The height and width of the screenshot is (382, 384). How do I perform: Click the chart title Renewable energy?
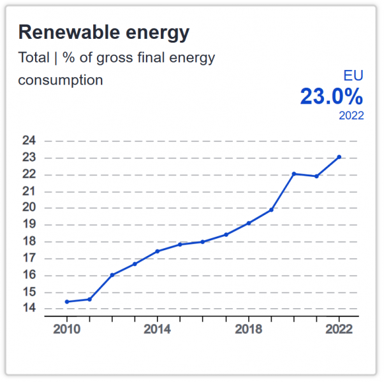(x=104, y=32)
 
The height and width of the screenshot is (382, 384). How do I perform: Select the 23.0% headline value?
(x=332, y=97)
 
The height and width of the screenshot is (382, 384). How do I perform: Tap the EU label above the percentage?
(x=353, y=75)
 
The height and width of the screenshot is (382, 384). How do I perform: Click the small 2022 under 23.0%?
(x=351, y=116)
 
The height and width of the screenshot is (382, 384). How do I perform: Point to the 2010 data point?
(x=67, y=302)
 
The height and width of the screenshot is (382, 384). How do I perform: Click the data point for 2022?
(x=339, y=157)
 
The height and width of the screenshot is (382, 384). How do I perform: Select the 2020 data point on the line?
(x=294, y=174)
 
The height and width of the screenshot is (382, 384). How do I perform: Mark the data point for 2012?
(x=112, y=275)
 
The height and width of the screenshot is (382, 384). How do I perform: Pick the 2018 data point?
(x=249, y=223)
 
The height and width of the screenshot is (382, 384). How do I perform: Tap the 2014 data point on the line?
(x=158, y=251)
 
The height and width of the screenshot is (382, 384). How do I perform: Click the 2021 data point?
(x=316, y=176)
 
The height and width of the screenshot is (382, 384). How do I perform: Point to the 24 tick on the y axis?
(x=29, y=141)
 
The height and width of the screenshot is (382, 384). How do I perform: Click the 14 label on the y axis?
(x=29, y=308)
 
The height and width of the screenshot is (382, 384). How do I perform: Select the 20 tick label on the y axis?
(x=29, y=208)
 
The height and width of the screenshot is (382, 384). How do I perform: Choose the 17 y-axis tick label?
(x=29, y=258)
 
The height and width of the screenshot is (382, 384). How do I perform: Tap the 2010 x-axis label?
(x=66, y=329)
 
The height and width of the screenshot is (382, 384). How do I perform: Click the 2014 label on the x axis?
(x=157, y=329)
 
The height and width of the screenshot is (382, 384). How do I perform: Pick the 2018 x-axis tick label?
(x=249, y=329)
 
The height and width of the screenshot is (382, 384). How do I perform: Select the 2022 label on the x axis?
(x=339, y=329)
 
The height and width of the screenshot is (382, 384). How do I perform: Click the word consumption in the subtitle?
(x=61, y=81)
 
